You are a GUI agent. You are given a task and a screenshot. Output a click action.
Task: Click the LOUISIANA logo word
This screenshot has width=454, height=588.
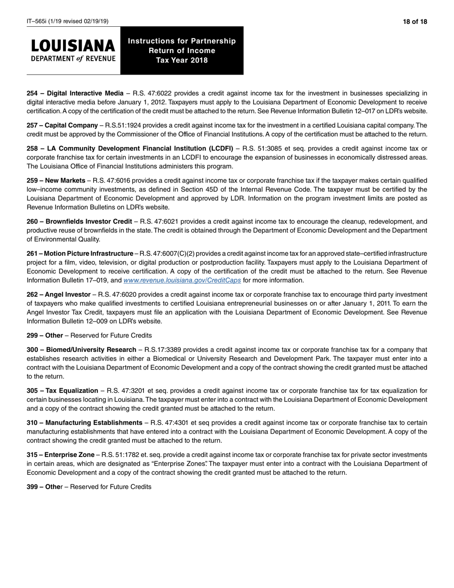[73, 46]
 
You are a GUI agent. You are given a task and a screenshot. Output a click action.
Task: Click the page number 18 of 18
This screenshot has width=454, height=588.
[414, 22]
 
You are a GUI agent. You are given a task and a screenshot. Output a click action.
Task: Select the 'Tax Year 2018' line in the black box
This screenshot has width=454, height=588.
[182, 60]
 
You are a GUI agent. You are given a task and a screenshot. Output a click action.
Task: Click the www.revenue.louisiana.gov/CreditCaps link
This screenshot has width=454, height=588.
[182, 280]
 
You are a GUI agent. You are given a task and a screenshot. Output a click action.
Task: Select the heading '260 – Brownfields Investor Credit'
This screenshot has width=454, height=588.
[79, 221]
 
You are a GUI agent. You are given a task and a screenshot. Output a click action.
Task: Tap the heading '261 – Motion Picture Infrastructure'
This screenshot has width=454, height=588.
[80, 253]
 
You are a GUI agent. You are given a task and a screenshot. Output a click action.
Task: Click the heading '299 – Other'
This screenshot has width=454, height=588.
[44, 335]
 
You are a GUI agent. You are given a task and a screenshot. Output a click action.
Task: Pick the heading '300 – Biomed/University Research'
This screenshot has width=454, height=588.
[81, 350]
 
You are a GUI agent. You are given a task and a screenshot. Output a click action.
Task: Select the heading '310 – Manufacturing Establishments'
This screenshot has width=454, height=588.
[84, 423]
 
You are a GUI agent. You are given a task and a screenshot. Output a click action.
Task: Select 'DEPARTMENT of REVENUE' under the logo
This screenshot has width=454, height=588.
[73, 59]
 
